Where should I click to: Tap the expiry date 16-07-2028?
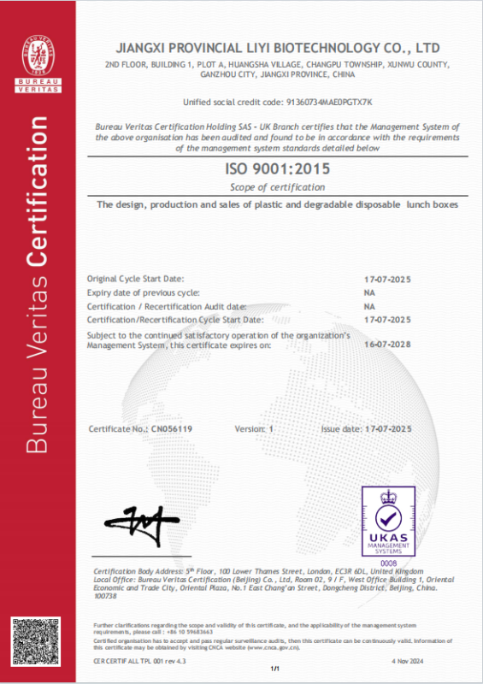click(388, 345)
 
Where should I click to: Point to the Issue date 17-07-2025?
click(388, 428)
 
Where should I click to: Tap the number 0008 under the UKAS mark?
click(388, 563)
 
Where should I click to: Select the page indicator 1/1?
click(275, 668)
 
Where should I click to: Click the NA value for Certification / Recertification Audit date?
click(369, 305)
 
